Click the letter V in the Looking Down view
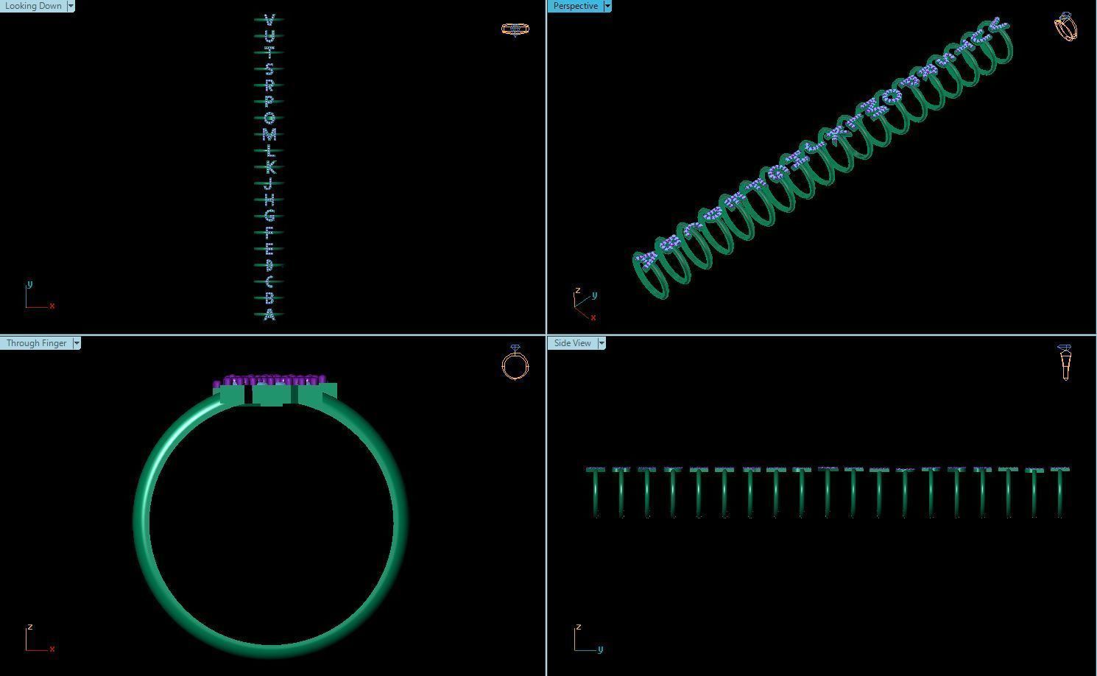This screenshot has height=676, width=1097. (269, 19)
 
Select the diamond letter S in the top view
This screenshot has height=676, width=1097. (269, 68)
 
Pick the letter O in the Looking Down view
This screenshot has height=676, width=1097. (269, 118)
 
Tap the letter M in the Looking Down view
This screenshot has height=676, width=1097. (269, 135)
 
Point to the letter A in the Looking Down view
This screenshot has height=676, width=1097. (269, 315)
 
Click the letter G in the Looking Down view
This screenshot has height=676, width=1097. (269, 216)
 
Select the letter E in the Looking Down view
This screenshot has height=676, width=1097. (269, 249)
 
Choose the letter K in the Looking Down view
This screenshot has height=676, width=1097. (269, 167)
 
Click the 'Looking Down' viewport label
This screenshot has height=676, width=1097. (33, 6)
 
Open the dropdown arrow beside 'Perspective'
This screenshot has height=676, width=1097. (607, 6)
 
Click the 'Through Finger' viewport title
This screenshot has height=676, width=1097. (36, 343)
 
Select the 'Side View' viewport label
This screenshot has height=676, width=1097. (572, 343)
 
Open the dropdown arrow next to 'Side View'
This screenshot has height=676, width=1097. (602, 343)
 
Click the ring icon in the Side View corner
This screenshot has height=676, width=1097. (1065, 362)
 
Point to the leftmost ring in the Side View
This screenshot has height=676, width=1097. (596, 492)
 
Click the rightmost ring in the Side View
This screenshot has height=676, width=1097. (1060, 492)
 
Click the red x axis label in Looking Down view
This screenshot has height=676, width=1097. (52, 306)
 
